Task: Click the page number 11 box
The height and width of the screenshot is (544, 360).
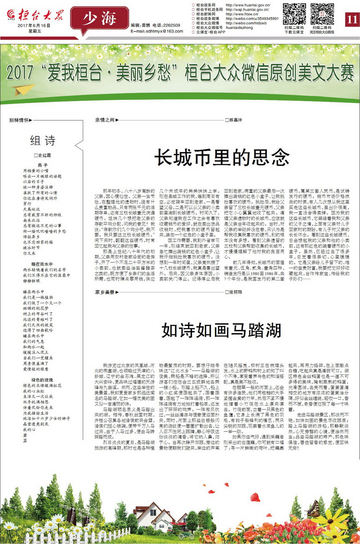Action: tap(352, 19)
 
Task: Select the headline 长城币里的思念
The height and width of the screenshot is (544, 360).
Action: tap(222, 157)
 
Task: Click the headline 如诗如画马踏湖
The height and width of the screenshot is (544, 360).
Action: tap(222, 330)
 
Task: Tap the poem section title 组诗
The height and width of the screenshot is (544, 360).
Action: tap(43, 140)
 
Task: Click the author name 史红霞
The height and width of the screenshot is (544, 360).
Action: tap(43, 156)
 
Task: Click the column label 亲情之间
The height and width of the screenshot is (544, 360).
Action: tap(105, 120)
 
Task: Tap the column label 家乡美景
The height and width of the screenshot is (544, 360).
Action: tap(105, 292)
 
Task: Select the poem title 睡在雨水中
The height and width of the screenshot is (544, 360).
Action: tap(42, 264)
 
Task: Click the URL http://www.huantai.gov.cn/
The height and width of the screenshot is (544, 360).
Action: tap(248, 5)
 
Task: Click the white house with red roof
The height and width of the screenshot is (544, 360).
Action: tap(152, 516)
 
